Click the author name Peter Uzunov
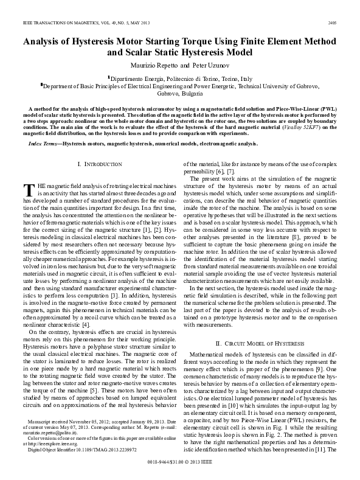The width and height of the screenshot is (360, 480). click(x=210, y=65)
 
